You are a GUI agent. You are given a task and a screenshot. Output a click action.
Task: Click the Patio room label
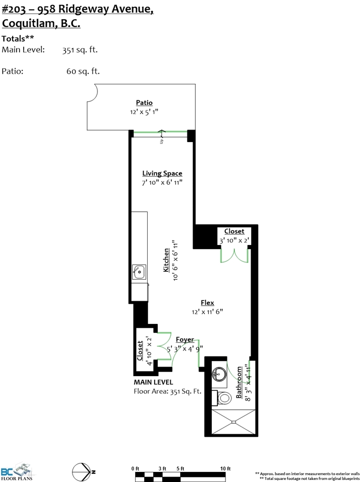click(144, 102)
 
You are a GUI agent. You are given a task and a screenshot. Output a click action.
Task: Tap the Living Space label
click(162, 173)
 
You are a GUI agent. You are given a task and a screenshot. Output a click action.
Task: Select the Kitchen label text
click(166, 260)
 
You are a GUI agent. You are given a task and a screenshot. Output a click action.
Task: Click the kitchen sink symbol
click(139, 272)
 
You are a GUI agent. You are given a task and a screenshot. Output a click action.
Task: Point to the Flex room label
click(207, 303)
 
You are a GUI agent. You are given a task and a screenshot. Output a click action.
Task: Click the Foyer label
click(185, 340)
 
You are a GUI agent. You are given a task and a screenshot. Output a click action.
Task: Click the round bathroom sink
click(219, 374)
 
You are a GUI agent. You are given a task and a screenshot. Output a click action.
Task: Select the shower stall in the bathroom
click(234, 422)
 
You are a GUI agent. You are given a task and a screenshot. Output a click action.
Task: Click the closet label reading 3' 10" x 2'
click(234, 240)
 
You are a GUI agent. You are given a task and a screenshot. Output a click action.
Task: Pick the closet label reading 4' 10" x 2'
click(150, 351)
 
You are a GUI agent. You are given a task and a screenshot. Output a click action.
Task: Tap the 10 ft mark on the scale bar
click(225, 468)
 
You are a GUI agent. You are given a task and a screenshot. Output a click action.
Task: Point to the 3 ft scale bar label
click(162, 468)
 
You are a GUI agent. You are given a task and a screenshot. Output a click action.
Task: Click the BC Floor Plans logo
click(17, 471)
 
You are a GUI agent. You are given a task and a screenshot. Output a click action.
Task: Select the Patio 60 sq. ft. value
click(83, 71)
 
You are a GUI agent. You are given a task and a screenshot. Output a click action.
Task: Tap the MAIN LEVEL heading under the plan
click(153, 382)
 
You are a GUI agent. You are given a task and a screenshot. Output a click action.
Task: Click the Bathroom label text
click(239, 383)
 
